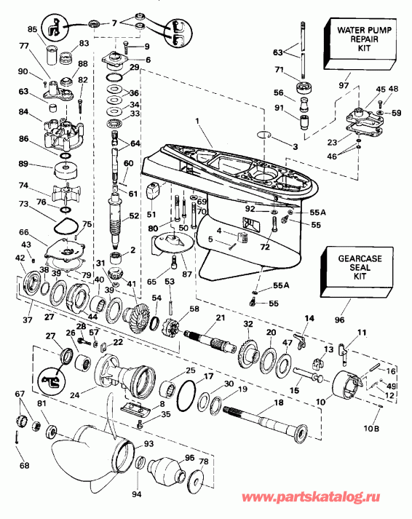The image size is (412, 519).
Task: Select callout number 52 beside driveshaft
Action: point(134,216)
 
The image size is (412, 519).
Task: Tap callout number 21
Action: point(219,318)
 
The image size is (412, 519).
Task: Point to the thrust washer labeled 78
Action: point(196,483)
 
